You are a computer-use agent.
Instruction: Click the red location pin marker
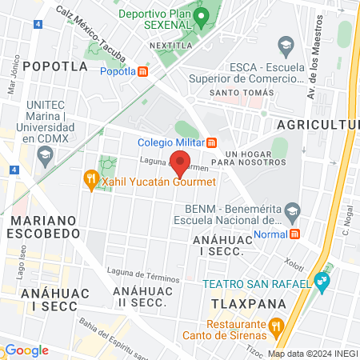click(181, 163)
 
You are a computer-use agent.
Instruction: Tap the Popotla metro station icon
click(143, 71)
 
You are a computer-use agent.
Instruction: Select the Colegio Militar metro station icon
click(212, 144)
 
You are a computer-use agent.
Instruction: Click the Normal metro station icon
click(294, 234)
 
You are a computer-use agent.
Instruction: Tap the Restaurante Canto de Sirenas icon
click(276, 326)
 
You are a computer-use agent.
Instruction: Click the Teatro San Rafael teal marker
click(322, 281)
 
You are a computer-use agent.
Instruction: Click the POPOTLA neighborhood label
click(54, 66)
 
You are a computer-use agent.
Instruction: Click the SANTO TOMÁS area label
click(242, 93)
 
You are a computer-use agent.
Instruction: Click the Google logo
click(26, 350)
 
